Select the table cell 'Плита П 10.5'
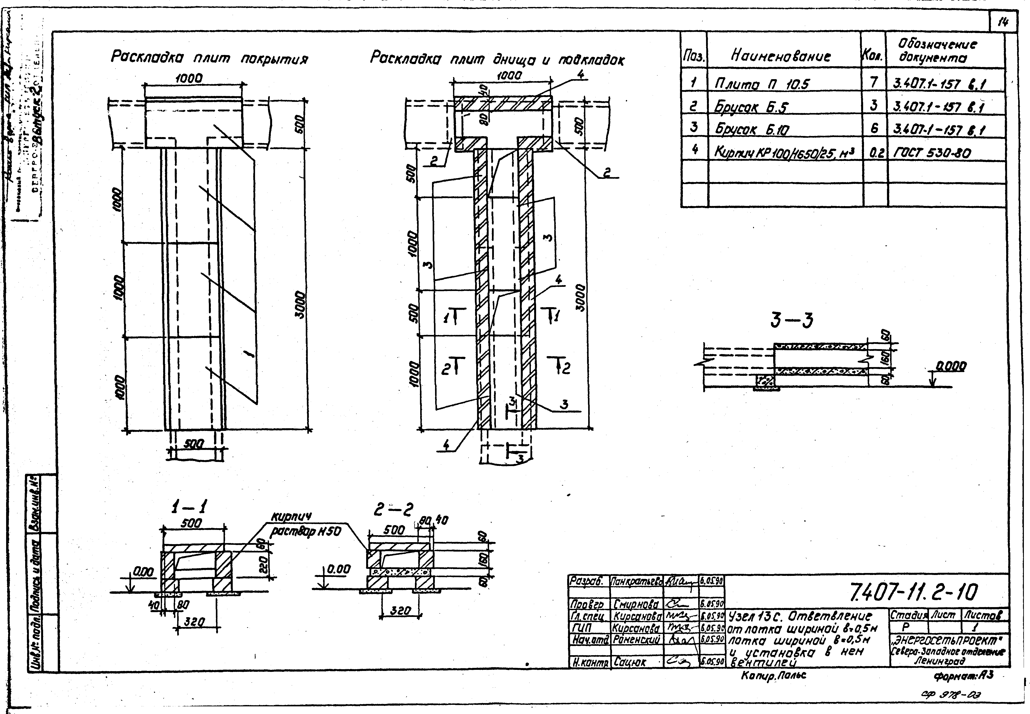[761, 83]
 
